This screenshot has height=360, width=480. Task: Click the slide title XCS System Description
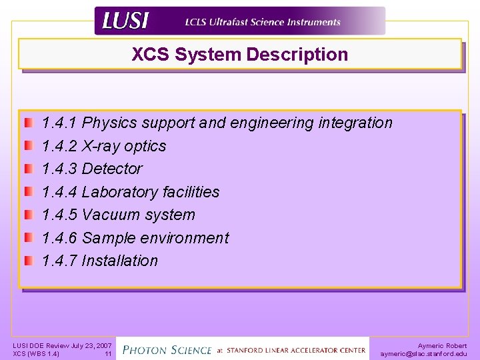pyautogui.click(x=239, y=55)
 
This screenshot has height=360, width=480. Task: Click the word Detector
pyautogui.click(x=112, y=169)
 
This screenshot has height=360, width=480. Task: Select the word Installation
pyautogui.click(x=119, y=261)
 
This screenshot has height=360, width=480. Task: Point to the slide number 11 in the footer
pyautogui.click(x=107, y=354)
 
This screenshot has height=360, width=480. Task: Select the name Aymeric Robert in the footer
pyautogui.click(x=442, y=345)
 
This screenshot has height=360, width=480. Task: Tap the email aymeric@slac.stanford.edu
pyautogui.click(x=423, y=354)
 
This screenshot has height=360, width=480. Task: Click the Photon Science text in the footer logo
pyautogui.click(x=167, y=349)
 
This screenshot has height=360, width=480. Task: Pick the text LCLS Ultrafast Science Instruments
pyautogui.click(x=263, y=22)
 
